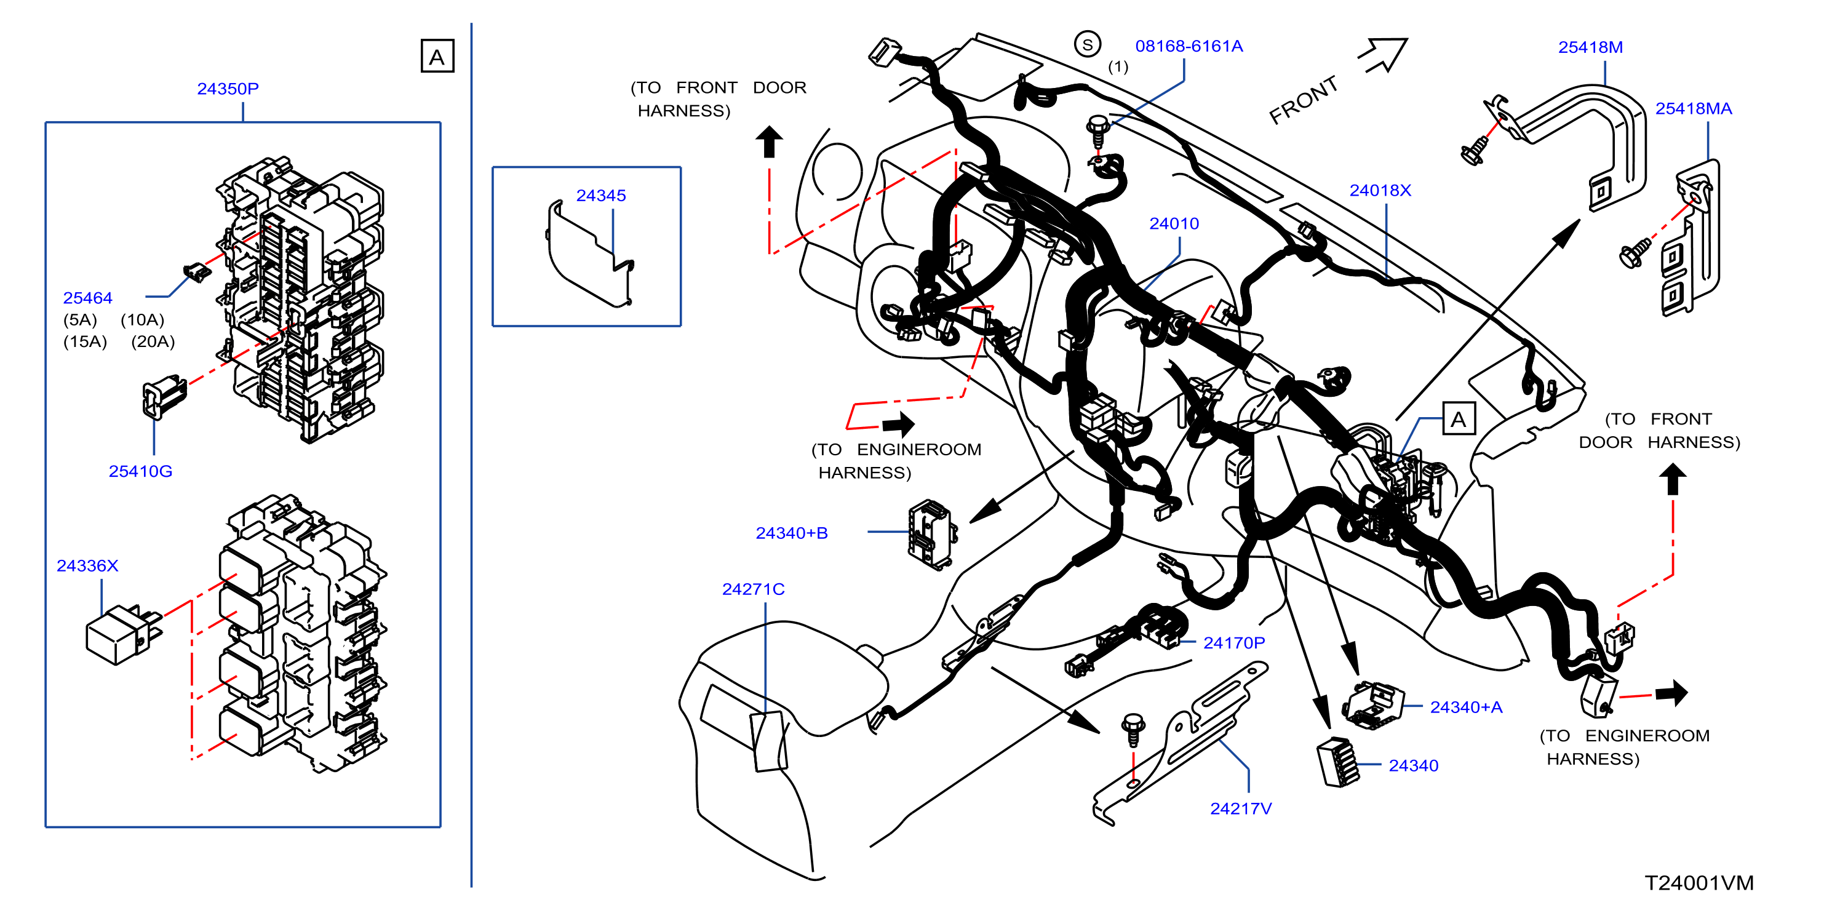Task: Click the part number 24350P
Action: (x=228, y=89)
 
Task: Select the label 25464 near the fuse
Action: (x=88, y=298)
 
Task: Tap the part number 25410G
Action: (x=140, y=471)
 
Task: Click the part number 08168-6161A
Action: (x=1189, y=46)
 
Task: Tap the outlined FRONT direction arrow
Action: (x=1383, y=55)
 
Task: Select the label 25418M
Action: (x=1590, y=47)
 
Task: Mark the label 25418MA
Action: (x=1694, y=108)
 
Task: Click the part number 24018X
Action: (x=1380, y=191)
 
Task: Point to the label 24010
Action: (x=1174, y=224)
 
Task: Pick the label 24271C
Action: (x=754, y=589)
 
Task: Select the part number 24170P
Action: (x=1234, y=643)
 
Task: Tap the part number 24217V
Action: (x=1241, y=809)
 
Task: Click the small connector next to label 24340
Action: (x=1337, y=762)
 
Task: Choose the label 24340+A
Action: (x=1467, y=708)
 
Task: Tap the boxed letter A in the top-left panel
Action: (x=437, y=56)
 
